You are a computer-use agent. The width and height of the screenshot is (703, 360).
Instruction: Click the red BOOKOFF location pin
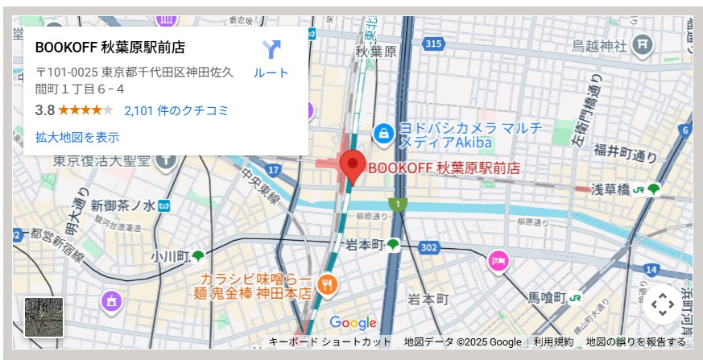point(352,166)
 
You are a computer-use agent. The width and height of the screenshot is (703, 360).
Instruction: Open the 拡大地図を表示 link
point(77,137)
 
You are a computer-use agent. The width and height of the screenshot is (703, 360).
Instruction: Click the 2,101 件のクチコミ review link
point(176,110)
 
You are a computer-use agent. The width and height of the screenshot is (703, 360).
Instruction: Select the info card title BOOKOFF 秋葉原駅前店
point(110,48)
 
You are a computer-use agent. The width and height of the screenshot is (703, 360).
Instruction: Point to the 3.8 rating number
point(45,110)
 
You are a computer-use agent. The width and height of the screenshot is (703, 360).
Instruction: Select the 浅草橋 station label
point(610,190)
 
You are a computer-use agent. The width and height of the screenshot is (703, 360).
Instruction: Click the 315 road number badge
point(434,43)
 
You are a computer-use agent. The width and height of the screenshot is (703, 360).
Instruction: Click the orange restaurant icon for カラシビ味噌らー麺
point(327,283)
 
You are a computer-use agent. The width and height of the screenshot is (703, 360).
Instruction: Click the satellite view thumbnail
point(44,317)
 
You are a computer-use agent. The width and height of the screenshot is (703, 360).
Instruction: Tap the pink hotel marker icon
point(498,260)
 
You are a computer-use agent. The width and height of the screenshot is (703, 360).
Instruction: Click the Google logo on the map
point(353,323)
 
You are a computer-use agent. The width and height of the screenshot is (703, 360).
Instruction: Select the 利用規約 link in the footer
point(553,342)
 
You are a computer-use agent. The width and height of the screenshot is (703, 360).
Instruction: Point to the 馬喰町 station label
point(548,297)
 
